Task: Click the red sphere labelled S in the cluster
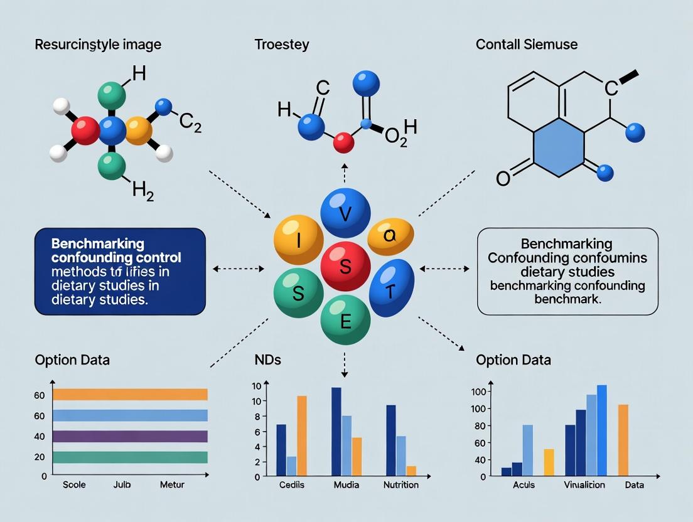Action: point(345,265)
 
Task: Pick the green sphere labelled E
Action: point(345,322)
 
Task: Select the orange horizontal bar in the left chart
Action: point(130,394)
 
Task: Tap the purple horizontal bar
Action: point(130,436)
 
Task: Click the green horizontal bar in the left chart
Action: point(130,457)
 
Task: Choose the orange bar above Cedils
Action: point(302,435)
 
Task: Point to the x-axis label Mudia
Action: point(346,485)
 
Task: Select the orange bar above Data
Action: point(623,440)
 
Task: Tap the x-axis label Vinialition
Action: point(584,485)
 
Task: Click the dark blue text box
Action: point(120,271)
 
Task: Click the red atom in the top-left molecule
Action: point(86,130)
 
